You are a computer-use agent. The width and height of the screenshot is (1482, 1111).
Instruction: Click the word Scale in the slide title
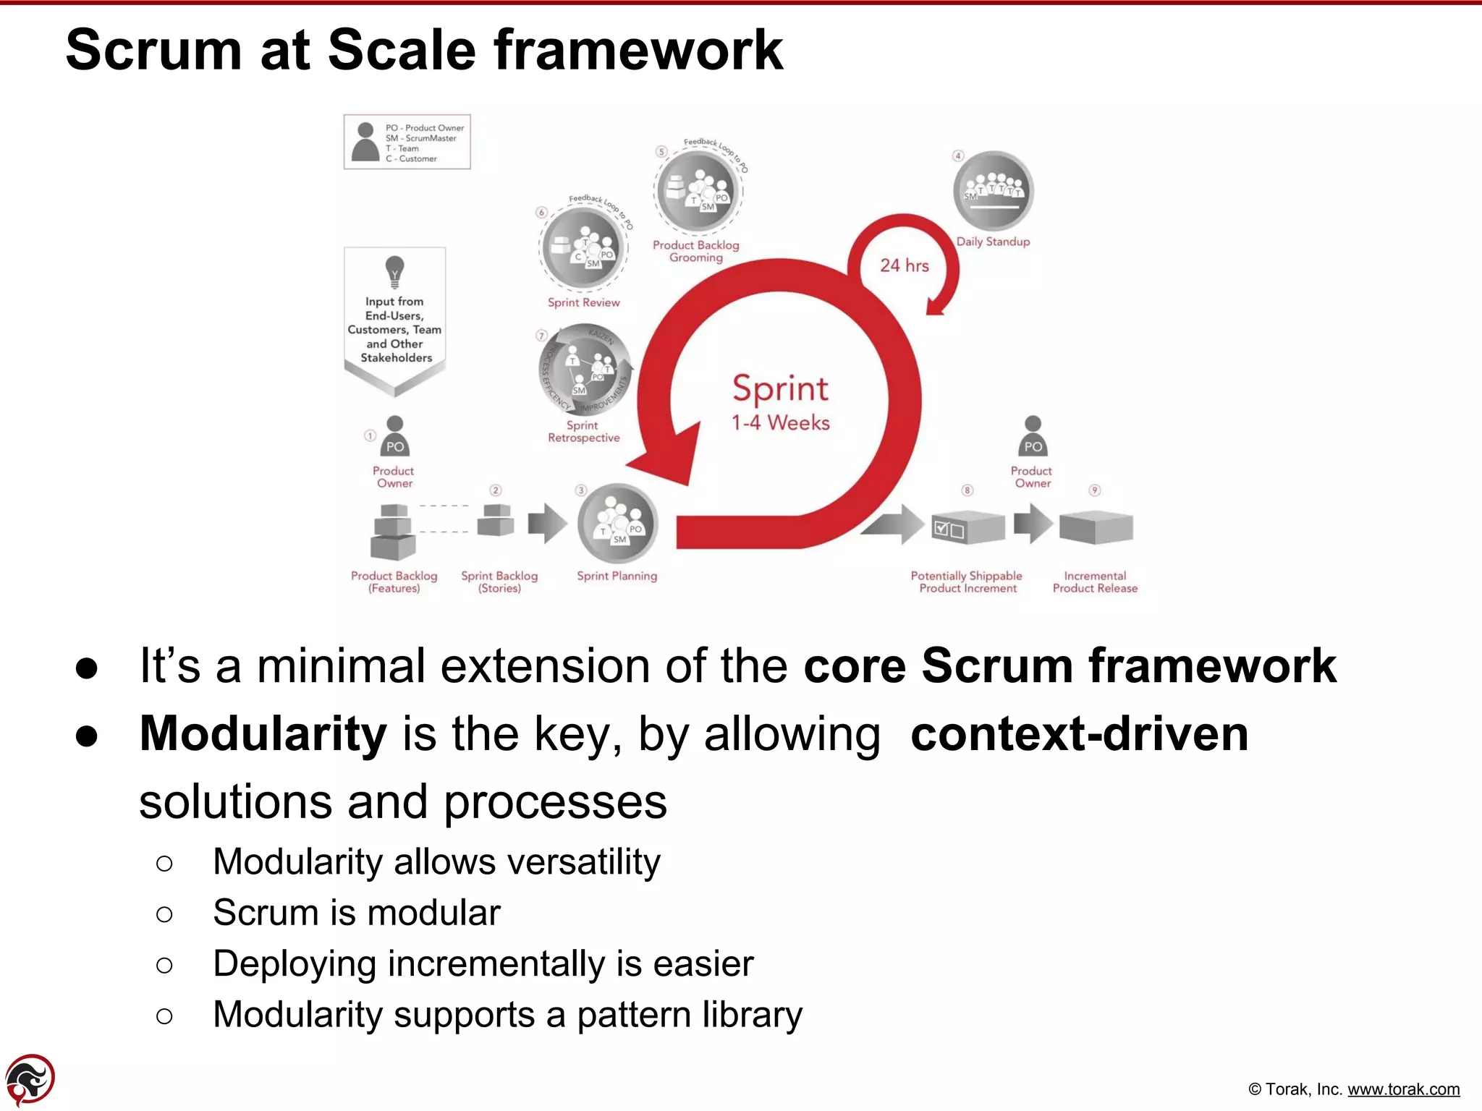(x=410, y=51)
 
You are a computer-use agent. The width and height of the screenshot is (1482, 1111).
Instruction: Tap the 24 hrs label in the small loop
(x=904, y=265)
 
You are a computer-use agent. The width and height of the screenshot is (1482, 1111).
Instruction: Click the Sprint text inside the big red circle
(x=780, y=389)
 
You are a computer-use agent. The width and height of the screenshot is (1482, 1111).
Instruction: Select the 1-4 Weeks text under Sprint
(x=780, y=423)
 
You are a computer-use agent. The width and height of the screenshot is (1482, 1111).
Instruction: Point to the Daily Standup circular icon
(x=993, y=190)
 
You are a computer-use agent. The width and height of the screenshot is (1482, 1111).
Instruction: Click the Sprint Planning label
(x=617, y=576)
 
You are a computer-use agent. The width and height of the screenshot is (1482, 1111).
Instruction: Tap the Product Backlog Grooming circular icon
(x=698, y=191)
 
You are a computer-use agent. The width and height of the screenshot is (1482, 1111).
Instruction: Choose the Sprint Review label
(x=583, y=302)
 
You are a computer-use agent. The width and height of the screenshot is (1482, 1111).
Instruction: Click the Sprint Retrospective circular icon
(x=583, y=370)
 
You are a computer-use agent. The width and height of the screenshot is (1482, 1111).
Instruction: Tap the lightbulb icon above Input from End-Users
(x=394, y=271)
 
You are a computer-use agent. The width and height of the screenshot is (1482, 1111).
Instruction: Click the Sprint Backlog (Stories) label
(x=499, y=582)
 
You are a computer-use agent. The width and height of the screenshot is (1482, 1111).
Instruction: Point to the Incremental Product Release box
(x=1096, y=527)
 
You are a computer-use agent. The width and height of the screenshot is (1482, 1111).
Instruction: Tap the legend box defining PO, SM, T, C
(x=407, y=142)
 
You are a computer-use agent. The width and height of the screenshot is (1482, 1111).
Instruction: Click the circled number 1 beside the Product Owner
(x=370, y=435)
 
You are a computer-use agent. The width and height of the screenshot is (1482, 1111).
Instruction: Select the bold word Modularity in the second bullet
(x=263, y=733)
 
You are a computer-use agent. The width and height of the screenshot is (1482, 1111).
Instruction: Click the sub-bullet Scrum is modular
(x=356, y=913)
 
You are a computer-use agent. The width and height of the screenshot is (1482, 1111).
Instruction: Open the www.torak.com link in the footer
(x=1403, y=1089)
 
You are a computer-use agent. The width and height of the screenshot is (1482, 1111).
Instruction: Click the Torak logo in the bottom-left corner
(x=30, y=1079)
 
